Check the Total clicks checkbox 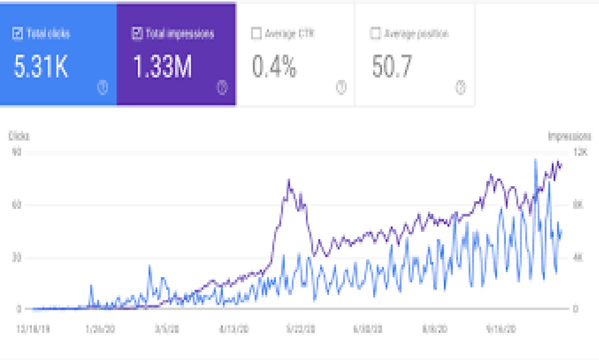[x=17, y=34]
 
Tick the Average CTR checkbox [x=257, y=34]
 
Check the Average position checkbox [x=376, y=34]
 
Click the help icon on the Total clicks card [x=102, y=88]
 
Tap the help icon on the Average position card [x=460, y=88]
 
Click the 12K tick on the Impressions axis [x=580, y=152]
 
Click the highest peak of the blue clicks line [x=536, y=159]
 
